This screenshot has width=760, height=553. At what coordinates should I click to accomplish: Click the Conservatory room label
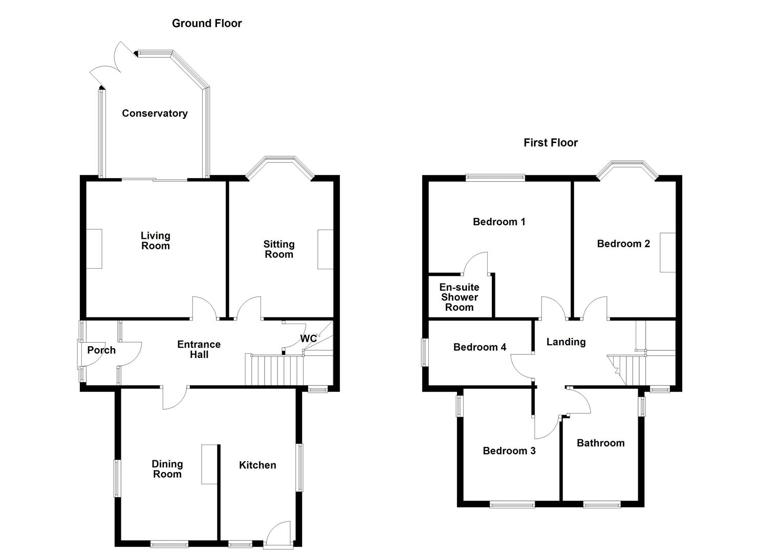(x=155, y=113)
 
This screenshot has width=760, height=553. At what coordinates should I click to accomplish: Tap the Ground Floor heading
(x=207, y=23)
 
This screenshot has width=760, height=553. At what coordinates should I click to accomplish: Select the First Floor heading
(x=550, y=143)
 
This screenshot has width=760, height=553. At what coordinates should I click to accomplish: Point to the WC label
(x=308, y=339)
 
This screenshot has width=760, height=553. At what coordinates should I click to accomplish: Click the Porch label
(x=101, y=350)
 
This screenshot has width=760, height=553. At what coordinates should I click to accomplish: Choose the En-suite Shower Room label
(x=459, y=297)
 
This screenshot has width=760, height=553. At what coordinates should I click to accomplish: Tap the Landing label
(x=566, y=342)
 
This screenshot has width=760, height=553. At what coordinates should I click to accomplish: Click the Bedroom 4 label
(x=480, y=347)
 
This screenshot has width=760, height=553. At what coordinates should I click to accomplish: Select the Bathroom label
(x=600, y=443)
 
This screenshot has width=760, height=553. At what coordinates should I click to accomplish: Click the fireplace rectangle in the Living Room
(x=94, y=249)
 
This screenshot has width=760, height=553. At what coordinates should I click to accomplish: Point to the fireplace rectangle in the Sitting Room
(x=325, y=249)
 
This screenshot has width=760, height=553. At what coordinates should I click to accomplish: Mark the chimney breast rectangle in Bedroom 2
(x=667, y=252)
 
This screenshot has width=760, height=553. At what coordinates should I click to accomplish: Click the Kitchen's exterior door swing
(x=279, y=534)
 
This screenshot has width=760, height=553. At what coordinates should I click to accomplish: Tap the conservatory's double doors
(x=110, y=64)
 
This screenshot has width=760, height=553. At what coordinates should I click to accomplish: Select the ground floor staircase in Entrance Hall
(x=275, y=370)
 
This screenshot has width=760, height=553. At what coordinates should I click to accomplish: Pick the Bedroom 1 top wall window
(x=495, y=178)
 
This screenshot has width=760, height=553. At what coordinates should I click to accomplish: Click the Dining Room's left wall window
(x=117, y=479)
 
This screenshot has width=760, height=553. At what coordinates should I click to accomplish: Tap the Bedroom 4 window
(x=425, y=352)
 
